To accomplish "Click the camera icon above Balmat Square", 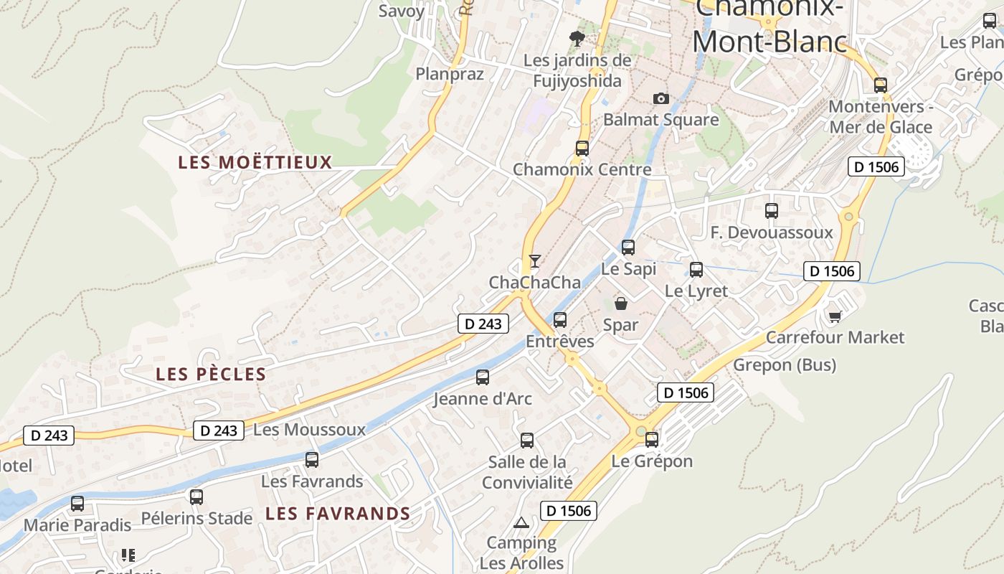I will pyautogui.click(x=660, y=98).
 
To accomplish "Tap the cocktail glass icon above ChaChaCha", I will pyautogui.click(x=534, y=261).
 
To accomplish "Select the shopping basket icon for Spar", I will pyautogui.click(x=621, y=304).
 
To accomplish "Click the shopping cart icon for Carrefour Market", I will pyautogui.click(x=835, y=316).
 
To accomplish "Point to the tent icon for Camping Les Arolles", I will pyautogui.click(x=521, y=522).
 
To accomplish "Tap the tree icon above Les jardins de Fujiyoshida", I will pyautogui.click(x=577, y=38).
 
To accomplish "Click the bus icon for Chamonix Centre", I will pyautogui.click(x=582, y=149).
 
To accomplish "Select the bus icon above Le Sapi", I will pyautogui.click(x=628, y=248).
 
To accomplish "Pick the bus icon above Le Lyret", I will pyautogui.click(x=696, y=270).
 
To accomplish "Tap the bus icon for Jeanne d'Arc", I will pyautogui.click(x=483, y=377).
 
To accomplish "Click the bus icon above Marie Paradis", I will pyautogui.click(x=77, y=504).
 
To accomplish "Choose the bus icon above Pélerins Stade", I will pyautogui.click(x=196, y=497).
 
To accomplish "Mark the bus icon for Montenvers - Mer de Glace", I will pyautogui.click(x=881, y=85).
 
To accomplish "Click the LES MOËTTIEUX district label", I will pyautogui.click(x=255, y=162).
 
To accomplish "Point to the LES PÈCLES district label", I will pyautogui.click(x=211, y=374).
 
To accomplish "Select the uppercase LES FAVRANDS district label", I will pyautogui.click(x=338, y=514).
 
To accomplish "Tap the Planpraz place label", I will pyautogui.click(x=450, y=74).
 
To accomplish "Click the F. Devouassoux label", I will pyautogui.click(x=772, y=232).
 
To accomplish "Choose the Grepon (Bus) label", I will pyautogui.click(x=785, y=365).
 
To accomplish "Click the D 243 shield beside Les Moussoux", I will pyautogui.click(x=219, y=430).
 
